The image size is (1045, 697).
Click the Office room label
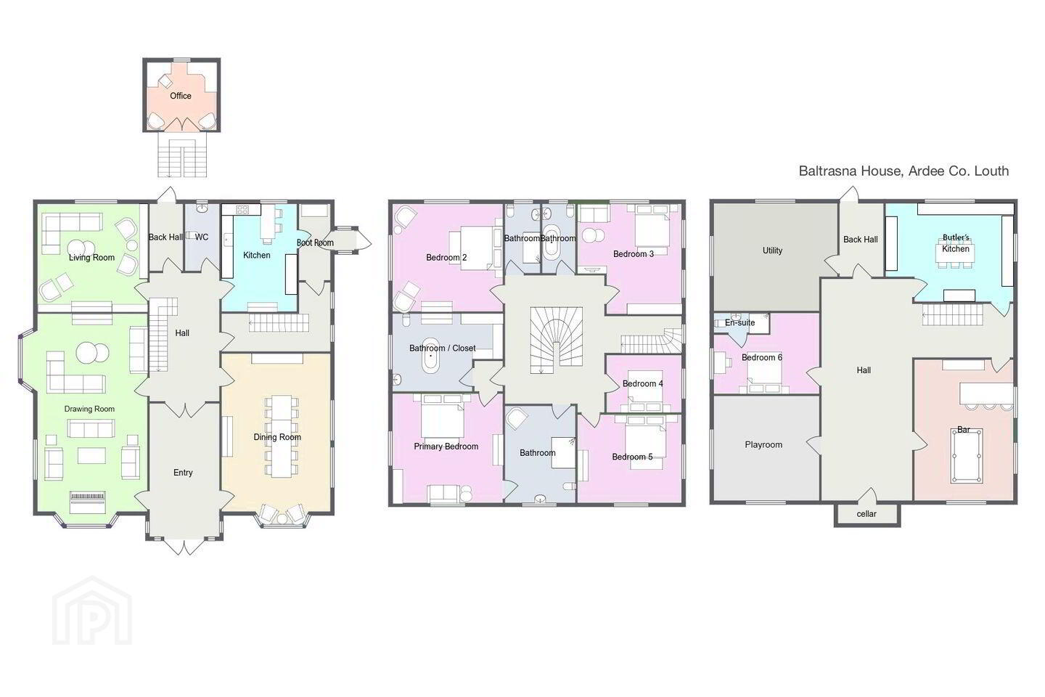pos(181,96)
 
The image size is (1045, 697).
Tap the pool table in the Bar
pos(966,455)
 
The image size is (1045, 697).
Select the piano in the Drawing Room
pos(88,502)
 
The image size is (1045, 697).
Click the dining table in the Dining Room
pos(282,436)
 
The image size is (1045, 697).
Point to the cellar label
pos(866,514)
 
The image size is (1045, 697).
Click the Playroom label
pos(763,445)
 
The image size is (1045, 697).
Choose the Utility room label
pos(772,250)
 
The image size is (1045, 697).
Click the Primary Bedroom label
pos(446,447)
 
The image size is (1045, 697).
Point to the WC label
pos(202,237)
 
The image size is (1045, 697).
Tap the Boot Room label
pos(315,242)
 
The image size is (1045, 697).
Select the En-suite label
pos(740,322)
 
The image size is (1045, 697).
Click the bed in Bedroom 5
pos(646,439)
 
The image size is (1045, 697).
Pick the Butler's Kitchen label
pos(956,243)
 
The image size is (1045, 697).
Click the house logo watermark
pos(92,611)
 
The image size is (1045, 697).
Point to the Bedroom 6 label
pos(762,358)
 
